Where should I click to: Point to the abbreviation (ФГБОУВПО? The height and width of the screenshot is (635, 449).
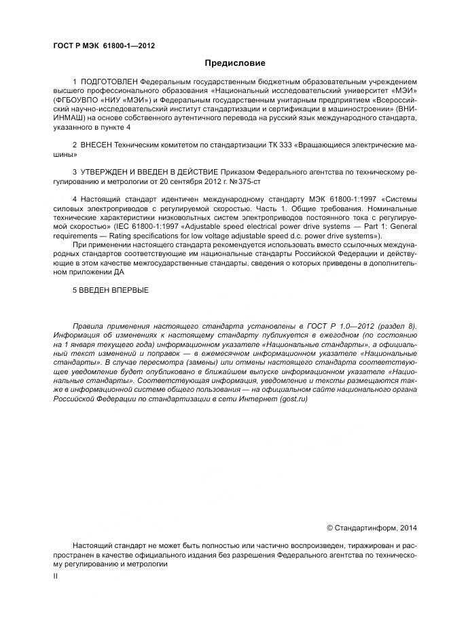point(77,100)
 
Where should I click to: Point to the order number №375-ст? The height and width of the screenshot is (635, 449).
point(246,181)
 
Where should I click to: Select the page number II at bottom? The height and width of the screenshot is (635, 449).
point(56,575)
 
